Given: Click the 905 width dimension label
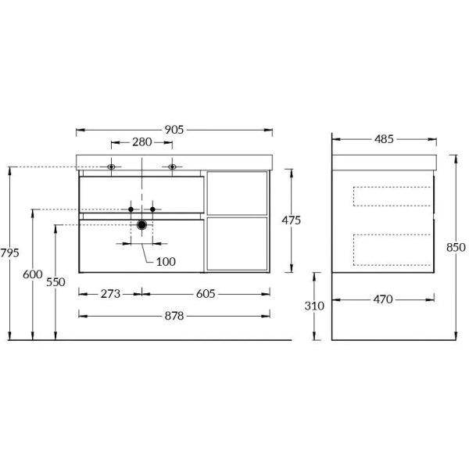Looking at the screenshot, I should tap(174, 131).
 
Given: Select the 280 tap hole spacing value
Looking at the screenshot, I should tap(141, 143).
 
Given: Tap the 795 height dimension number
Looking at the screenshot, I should tap(9, 252).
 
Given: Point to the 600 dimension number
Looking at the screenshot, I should tap(32, 274).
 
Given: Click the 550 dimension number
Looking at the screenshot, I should tap(55, 282).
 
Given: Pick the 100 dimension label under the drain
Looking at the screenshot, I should tap(166, 261).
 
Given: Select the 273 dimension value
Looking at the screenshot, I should tap(110, 294).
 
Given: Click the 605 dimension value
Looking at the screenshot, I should tap(204, 294).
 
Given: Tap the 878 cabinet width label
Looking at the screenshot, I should tap(174, 316).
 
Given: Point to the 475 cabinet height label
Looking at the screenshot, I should tap(291, 220).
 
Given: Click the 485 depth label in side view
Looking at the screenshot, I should tap(383, 140).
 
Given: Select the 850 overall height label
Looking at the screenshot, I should tap(456, 247).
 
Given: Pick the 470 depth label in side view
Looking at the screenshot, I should tap(383, 299).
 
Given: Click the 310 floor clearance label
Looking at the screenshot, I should tap(314, 306).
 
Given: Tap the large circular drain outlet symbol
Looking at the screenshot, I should tap(141, 225).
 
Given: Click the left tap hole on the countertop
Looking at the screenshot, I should tap(112, 166).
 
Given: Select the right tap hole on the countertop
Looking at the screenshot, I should tap(171, 166).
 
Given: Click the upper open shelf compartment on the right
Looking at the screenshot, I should tap(238, 193).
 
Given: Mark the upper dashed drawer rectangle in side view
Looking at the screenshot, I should tap(392, 196).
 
